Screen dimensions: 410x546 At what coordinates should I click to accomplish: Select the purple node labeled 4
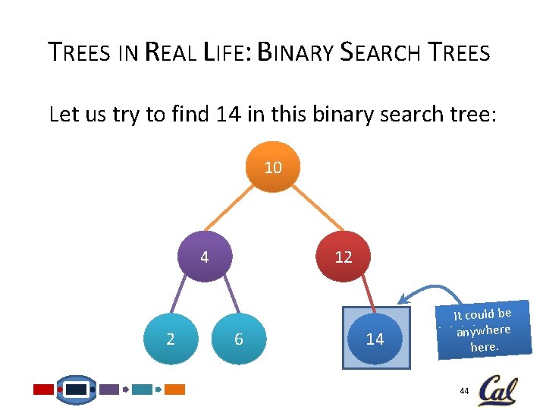click(x=205, y=257)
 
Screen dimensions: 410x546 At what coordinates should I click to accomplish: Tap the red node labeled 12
click(x=343, y=257)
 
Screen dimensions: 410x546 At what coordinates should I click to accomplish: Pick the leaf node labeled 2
click(x=171, y=339)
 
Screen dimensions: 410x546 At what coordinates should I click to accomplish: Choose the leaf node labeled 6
click(x=238, y=339)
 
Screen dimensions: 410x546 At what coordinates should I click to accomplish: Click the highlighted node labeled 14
click(x=375, y=339)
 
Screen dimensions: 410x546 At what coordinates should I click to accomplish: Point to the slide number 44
click(x=464, y=390)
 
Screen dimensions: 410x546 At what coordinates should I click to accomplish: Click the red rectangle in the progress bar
click(x=43, y=389)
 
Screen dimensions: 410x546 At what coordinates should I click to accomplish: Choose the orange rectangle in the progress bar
click(x=175, y=389)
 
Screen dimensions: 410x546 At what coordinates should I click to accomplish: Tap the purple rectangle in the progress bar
click(x=109, y=389)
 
